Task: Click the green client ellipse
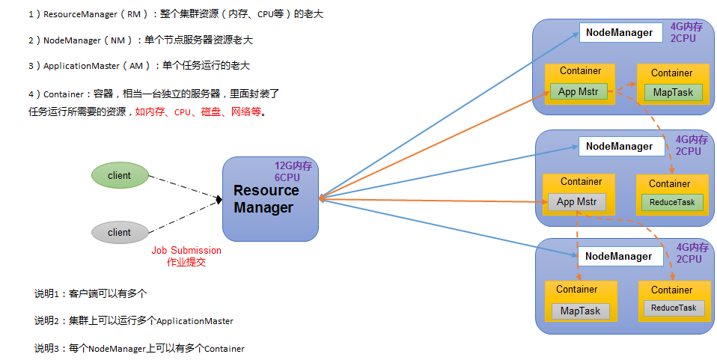pos(120,175)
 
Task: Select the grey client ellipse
pos(120,232)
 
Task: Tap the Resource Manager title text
pos(266,198)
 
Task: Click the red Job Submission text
pos(186,250)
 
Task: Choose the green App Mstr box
pos(579,91)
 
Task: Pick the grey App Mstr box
pos(576,202)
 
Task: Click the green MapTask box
pos(673,92)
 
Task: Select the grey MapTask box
pos(580,311)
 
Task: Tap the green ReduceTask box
pos(672,202)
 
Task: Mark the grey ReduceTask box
pos(674,308)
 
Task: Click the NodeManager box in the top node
pos(621,33)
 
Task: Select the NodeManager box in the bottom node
pos(620,256)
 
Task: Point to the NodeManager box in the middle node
pos(621,147)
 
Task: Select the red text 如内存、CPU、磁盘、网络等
pos(198,112)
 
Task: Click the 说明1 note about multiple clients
pos(91,293)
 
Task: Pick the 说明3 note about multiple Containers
pos(139,349)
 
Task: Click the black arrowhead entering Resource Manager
pos(219,199)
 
